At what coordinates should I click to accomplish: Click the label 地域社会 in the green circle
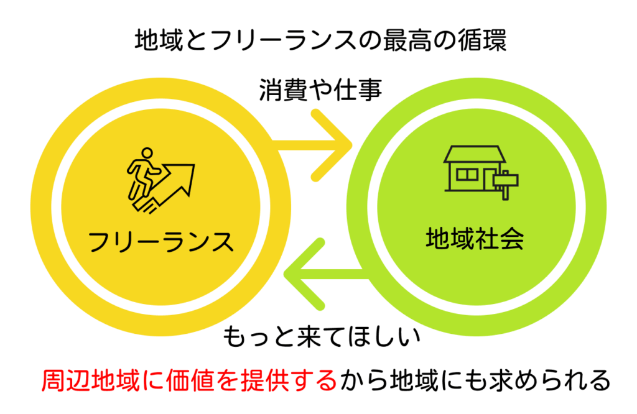(x=474, y=238)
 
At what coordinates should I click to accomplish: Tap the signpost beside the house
(x=505, y=182)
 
